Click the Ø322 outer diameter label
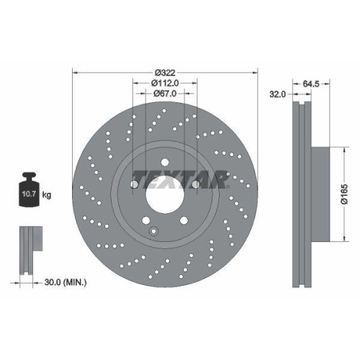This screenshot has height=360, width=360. [166, 71]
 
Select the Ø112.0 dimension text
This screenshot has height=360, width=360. [166, 83]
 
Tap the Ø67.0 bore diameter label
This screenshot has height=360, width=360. [166, 94]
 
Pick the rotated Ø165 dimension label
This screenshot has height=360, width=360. [345, 194]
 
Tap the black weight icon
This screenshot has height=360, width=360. [30, 191]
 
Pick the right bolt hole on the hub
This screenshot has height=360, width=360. [196, 184]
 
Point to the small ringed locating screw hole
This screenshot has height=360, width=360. [154, 230]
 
